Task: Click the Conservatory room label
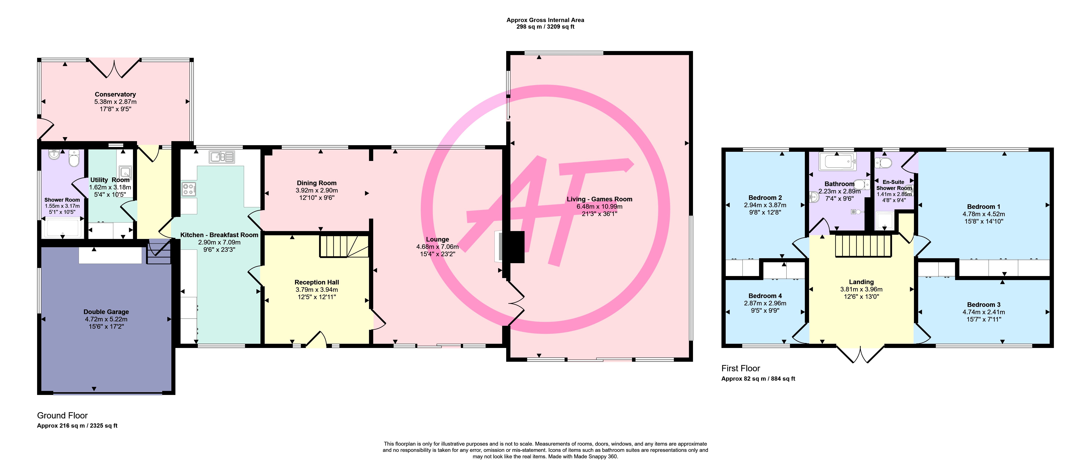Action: (115, 94)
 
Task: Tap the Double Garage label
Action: (106, 312)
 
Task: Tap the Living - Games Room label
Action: (599, 199)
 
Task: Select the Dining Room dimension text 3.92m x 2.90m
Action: (317, 191)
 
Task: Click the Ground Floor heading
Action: (62, 416)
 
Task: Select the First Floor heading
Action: (741, 369)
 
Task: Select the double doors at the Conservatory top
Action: (114, 69)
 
